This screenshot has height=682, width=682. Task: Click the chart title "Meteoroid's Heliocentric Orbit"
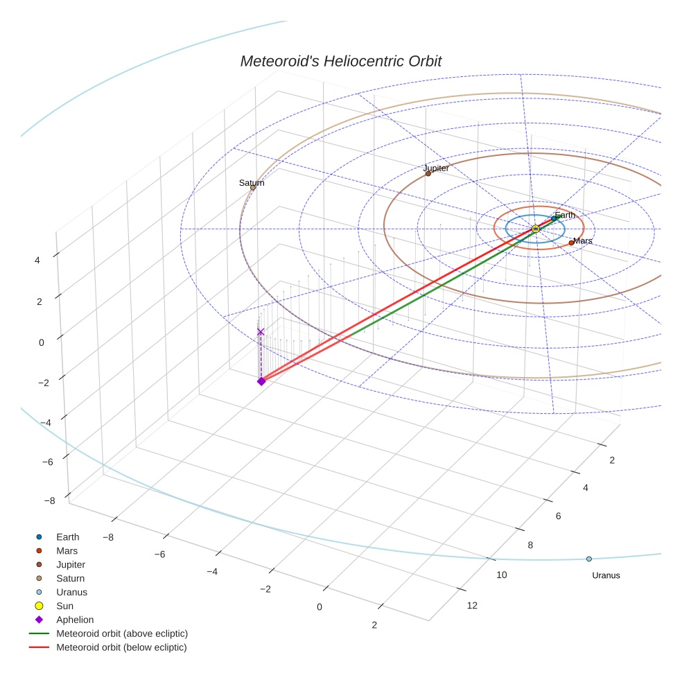[340, 62]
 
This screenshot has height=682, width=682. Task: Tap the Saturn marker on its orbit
[253, 188]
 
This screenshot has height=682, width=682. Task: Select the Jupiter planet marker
[428, 173]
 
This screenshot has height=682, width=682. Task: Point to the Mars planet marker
[571, 243]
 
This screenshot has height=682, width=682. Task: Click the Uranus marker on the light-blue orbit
[589, 559]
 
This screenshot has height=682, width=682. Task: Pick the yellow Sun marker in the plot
[535, 229]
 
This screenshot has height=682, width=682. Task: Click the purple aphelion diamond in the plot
[261, 381]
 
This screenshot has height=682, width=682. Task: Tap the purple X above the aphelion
[261, 332]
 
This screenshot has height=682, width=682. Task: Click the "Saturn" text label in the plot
[252, 183]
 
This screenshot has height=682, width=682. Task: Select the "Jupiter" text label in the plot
[436, 168]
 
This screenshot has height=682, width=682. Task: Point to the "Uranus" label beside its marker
[606, 575]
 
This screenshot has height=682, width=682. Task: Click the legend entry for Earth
[68, 536]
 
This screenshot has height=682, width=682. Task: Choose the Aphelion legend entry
[75, 620]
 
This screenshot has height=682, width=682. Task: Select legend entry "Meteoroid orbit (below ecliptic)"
[121, 647]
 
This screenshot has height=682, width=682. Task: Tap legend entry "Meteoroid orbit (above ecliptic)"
[122, 633]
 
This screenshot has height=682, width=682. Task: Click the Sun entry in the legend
[64, 606]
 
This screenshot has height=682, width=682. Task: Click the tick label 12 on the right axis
[472, 606]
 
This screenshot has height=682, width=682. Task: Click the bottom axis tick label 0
[320, 607]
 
